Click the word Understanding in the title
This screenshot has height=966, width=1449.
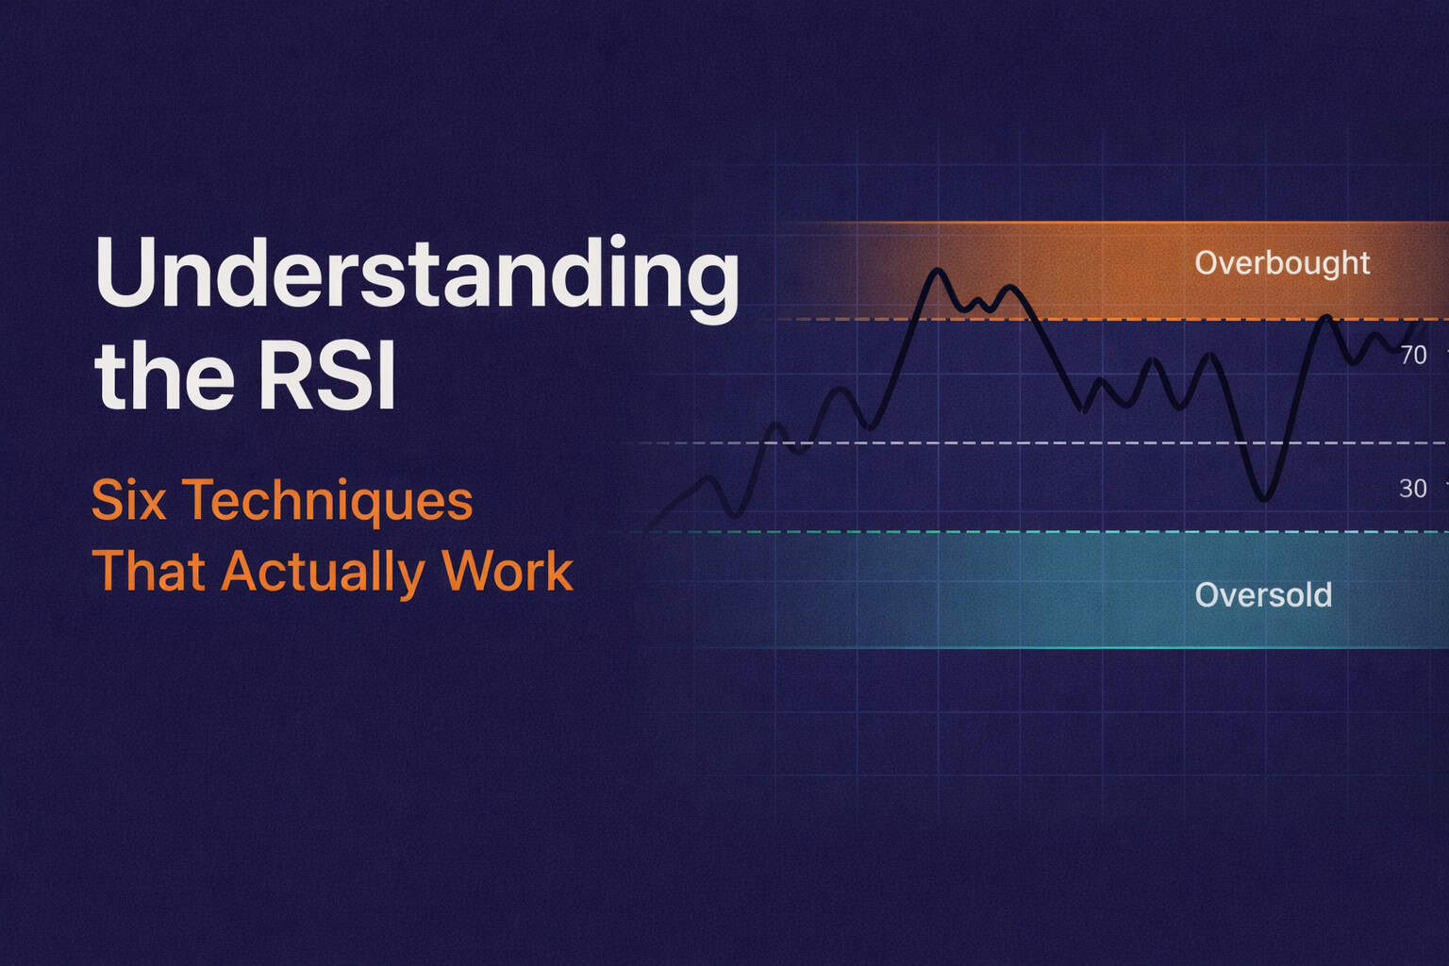coord(415,274)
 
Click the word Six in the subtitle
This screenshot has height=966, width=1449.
coord(129,500)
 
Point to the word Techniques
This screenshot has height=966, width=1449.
coord(327,502)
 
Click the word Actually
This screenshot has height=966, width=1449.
coord(323,573)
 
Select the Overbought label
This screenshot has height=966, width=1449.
coord(1281,262)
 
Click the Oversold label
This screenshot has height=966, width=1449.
coord(1262,595)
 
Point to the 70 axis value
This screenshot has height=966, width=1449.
coord(1412,356)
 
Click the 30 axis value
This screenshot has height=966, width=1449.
coord(1412,489)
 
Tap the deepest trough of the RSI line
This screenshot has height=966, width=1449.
coord(1264,499)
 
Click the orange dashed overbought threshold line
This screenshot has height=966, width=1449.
coord(1132,320)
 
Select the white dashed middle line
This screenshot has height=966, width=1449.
coord(1038,442)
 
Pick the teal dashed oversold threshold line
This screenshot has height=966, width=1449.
coord(1038,532)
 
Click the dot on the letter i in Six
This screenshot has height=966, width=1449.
coord(141,482)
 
